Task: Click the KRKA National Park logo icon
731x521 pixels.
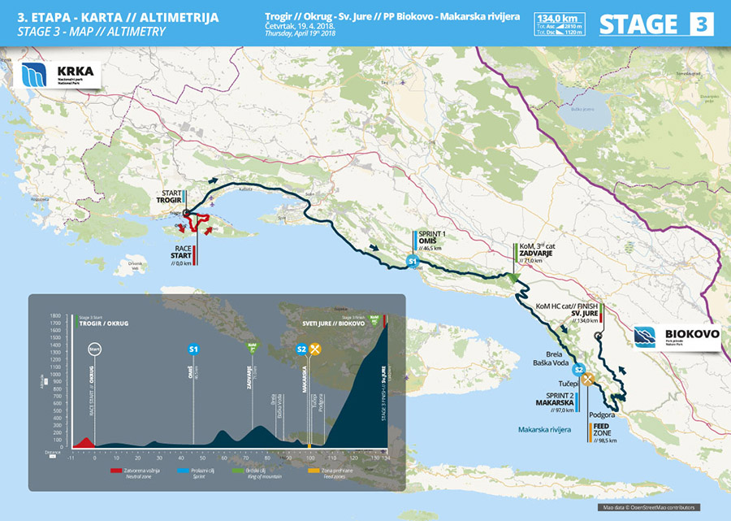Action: coord(35,75)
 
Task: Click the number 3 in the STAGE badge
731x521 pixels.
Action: coord(701,24)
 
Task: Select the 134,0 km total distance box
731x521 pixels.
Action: coord(560,24)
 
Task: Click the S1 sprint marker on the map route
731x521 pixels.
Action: coord(413,262)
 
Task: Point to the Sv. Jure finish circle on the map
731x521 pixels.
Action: coord(597,336)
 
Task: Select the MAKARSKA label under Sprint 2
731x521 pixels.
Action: coord(557,402)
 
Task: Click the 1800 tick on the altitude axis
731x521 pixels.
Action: coord(54,315)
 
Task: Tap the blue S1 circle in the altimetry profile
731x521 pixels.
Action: coord(193,349)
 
